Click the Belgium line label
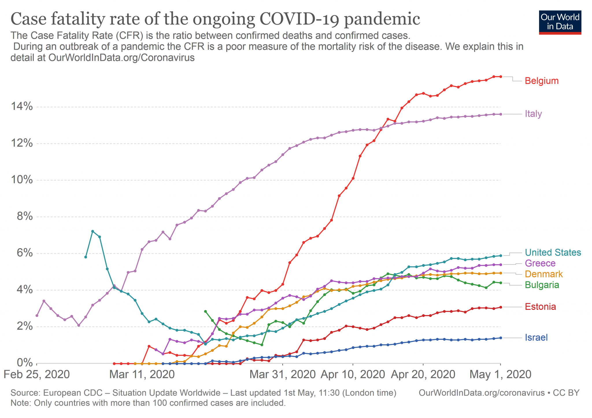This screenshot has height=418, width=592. pos(541,81)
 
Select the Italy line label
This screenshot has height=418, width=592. pos(533,114)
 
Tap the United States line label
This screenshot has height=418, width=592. pos(553,253)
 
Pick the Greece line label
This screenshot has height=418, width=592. pos(540,263)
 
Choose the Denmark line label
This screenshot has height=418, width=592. pos(544,274)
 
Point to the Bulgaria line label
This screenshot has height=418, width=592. pos(542,285)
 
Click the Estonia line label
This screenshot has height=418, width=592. pos(540,307)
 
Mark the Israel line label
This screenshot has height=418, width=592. pos(536,338)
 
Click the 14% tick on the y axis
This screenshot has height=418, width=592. pos(22,106)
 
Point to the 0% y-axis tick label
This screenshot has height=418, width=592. pos(25,363)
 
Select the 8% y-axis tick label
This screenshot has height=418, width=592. pos(25,216)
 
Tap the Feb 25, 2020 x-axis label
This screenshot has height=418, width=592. pos(37,375)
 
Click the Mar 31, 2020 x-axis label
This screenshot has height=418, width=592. pos(282,375)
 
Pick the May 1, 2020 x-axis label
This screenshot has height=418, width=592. pos(500,375)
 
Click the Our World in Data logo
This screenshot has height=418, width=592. pos(560,22)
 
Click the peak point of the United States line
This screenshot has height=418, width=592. pos(92,231)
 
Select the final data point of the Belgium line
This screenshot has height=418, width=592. pos(501,77)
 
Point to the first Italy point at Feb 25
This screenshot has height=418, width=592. pos(37,316)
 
